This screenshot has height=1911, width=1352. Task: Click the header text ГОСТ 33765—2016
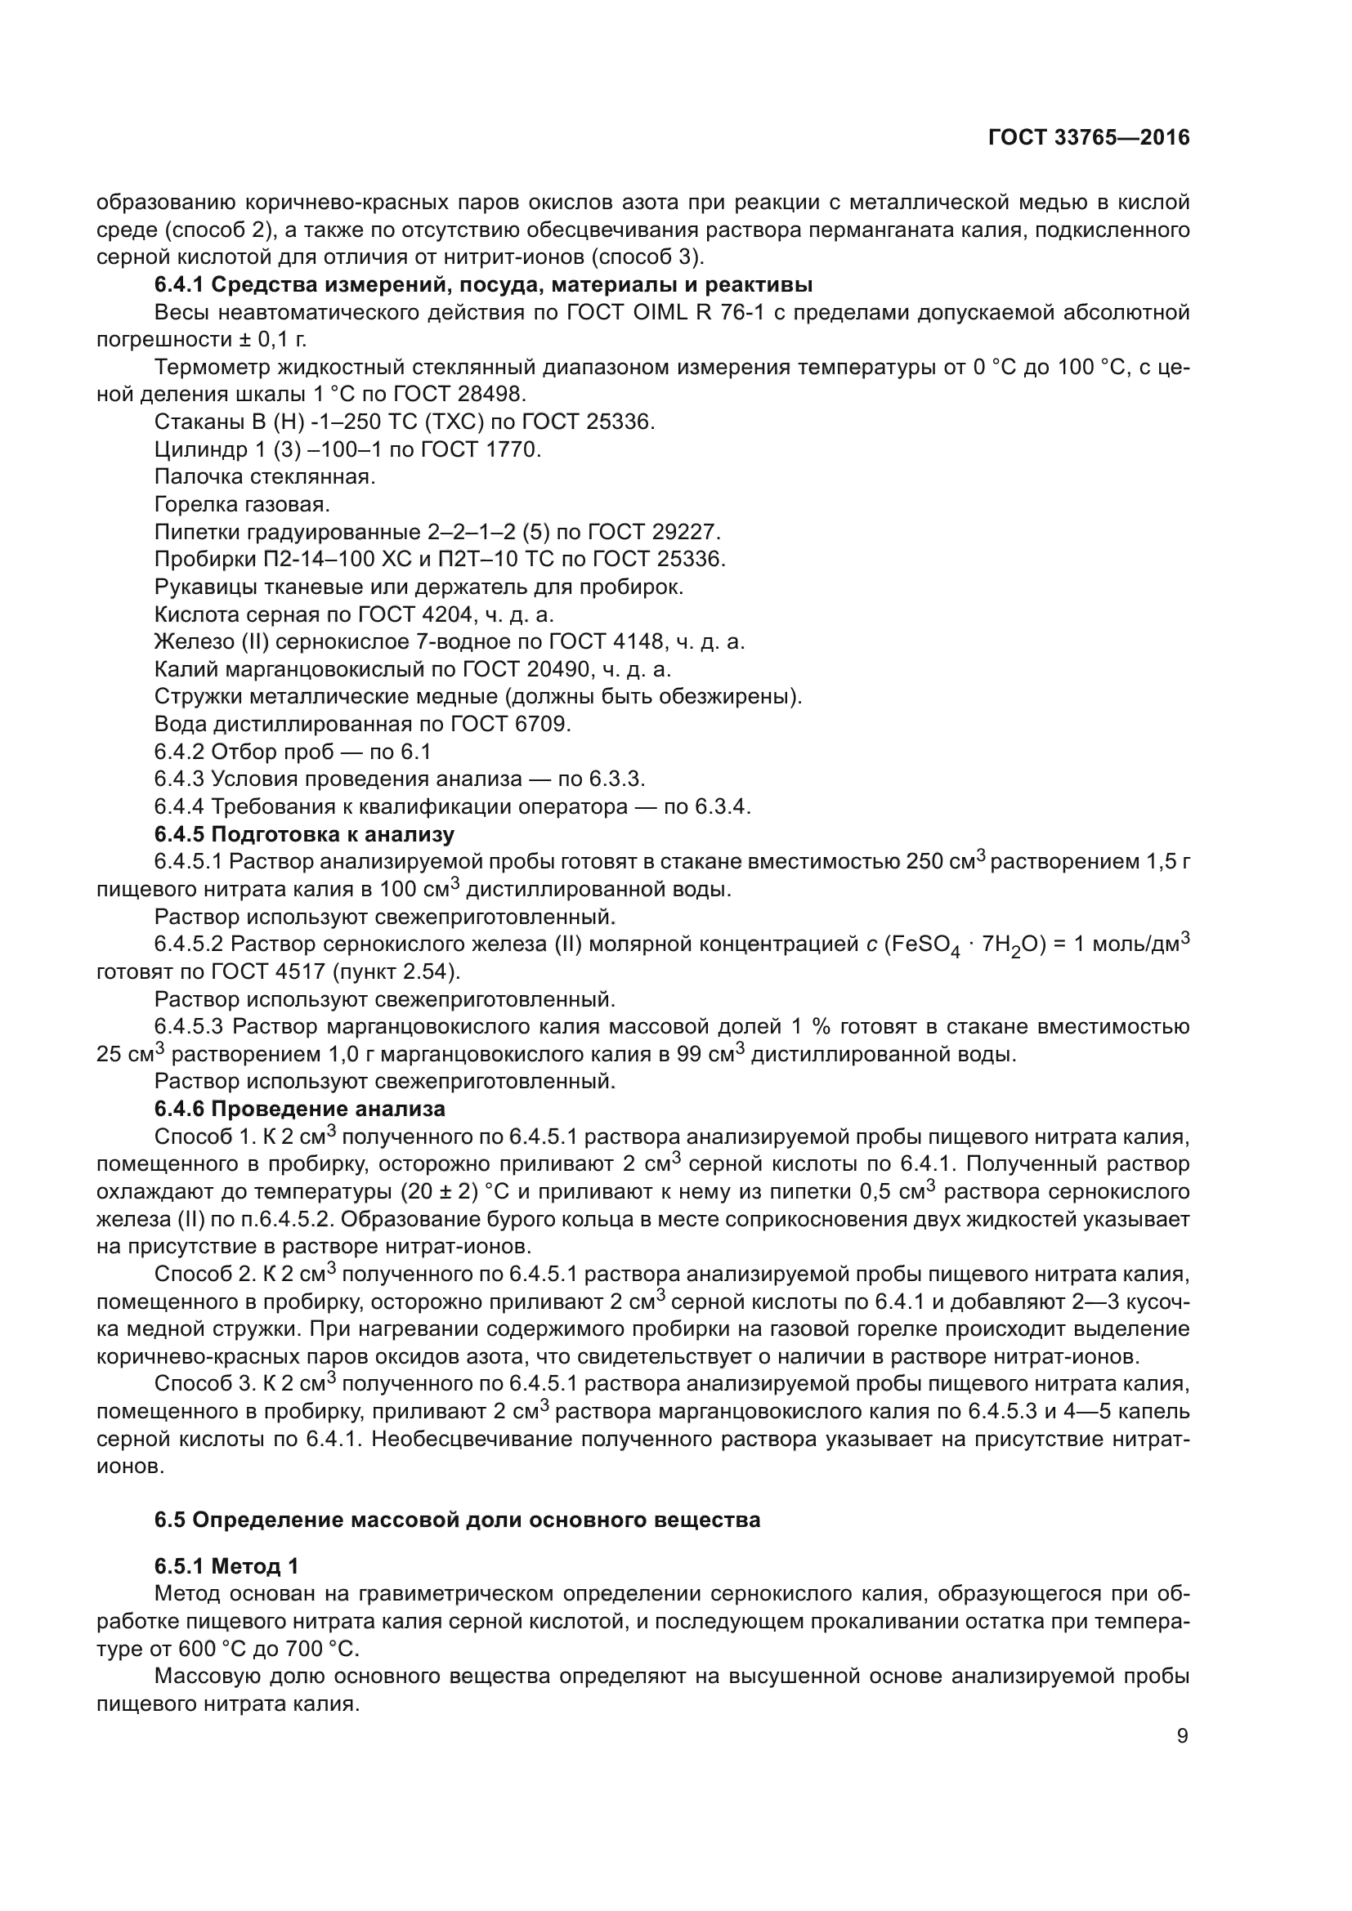[1088, 138]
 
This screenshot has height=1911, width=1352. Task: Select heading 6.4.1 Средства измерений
[483, 285]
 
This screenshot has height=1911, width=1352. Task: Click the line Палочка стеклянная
[265, 477]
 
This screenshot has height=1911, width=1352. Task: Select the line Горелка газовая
[242, 504]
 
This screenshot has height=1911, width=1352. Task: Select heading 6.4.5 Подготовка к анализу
[304, 834]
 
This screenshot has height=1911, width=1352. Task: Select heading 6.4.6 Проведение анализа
[300, 1110]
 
